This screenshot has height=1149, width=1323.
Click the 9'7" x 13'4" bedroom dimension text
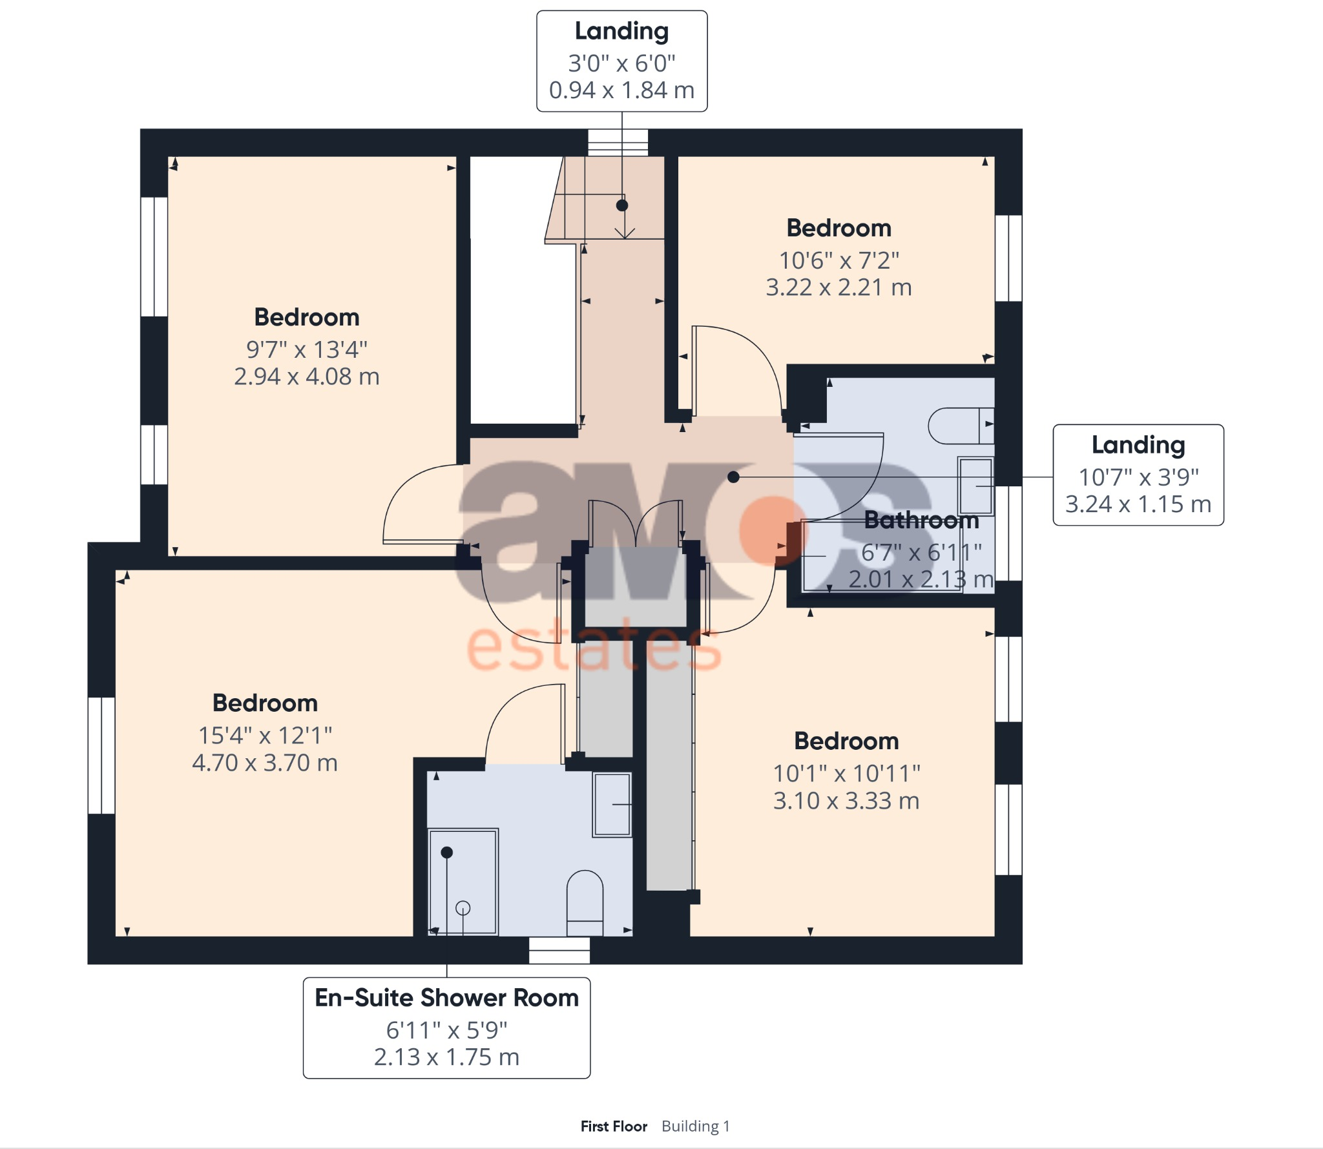306,349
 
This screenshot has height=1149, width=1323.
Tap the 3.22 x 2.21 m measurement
839,287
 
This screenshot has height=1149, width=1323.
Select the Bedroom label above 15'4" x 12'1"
265,703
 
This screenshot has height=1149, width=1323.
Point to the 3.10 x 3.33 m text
846,801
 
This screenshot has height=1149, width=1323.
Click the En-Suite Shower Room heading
446,998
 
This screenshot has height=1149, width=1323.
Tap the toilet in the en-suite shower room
585,901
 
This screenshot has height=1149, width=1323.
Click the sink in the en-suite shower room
611,805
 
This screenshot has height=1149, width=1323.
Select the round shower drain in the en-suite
463,908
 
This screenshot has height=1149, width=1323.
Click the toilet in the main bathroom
960,426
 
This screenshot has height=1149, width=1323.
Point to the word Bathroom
921,520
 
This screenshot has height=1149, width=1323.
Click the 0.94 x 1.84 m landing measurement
621,90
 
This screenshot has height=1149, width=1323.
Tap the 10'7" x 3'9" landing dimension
1138,477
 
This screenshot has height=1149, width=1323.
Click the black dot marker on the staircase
622,205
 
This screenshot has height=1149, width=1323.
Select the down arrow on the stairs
625,233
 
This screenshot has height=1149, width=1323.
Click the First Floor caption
614,1126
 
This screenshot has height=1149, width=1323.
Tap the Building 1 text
696,1126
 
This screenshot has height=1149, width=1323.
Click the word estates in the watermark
593,646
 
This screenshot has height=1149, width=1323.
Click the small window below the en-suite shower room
559,950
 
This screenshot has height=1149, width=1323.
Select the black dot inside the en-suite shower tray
446,853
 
